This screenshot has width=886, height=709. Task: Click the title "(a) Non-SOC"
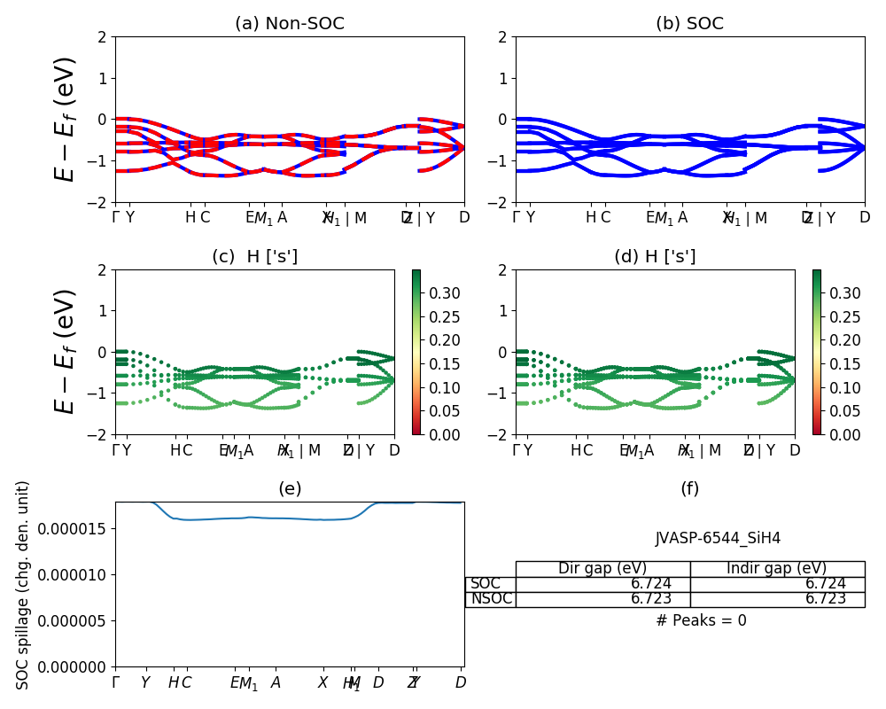click(x=289, y=24)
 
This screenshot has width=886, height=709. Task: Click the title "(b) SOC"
click(x=689, y=24)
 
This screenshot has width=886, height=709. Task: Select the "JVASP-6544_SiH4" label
click(x=718, y=538)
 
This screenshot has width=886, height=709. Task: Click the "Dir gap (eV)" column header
click(x=602, y=569)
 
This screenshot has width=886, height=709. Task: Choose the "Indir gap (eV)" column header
click(x=777, y=569)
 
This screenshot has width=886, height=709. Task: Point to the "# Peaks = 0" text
click(x=701, y=620)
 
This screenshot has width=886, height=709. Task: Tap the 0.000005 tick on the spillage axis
click(x=77, y=620)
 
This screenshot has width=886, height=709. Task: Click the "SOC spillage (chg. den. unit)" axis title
click(x=23, y=585)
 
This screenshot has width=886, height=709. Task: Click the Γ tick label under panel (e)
click(x=115, y=683)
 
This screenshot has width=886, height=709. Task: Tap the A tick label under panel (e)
click(x=276, y=683)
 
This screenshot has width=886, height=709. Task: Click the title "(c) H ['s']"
click(x=254, y=257)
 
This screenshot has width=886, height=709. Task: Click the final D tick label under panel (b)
click(x=865, y=218)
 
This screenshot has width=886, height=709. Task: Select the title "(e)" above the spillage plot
click(x=290, y=489)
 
